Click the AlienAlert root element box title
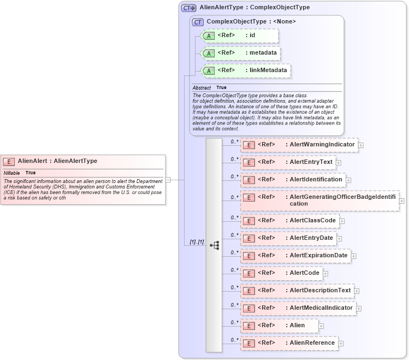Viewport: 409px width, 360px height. (57, 161)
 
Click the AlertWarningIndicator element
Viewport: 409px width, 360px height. (299, 145)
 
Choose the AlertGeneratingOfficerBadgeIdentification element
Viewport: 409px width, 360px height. (319, 200)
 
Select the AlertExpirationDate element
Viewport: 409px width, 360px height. (295, 256)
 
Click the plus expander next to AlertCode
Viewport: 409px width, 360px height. (325, 273)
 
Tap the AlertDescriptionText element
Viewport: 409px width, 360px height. (297, 291)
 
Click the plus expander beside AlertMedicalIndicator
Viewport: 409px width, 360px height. (359, 309)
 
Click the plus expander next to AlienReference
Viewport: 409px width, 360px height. (341, 344)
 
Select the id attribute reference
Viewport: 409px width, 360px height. (240, 36)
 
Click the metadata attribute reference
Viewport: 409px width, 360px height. (241, 54)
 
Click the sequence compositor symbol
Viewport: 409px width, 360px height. (214, 245)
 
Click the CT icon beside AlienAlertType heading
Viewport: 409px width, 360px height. (189, 8)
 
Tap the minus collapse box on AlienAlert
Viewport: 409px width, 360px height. (168, 179)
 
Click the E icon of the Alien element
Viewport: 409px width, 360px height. (248, 326)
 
